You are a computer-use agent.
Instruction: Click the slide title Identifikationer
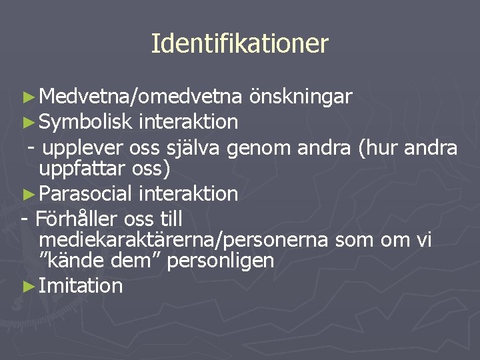(240, 43)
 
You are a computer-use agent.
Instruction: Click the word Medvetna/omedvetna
(140, 97)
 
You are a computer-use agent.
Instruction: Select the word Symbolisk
(87, 121)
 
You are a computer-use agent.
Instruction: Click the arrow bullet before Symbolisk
(27, 122)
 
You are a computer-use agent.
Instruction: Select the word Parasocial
(87, 194)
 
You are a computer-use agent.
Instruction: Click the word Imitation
(81, 286)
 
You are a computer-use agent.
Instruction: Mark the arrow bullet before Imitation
(27, 287)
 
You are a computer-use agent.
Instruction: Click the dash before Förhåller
(24, 219)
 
